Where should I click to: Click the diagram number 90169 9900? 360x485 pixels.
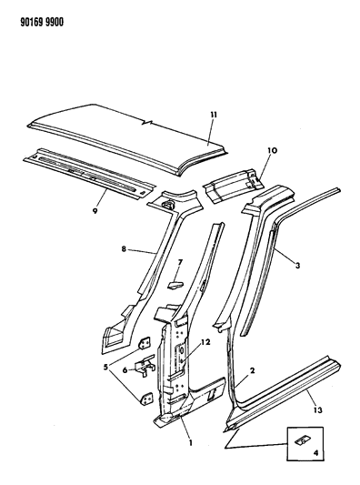point(42,23)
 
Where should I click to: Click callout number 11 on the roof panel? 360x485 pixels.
point(214,115)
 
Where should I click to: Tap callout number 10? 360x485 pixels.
point(273,151)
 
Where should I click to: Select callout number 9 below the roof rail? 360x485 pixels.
point(95,211)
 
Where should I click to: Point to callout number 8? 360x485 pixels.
point(124,248)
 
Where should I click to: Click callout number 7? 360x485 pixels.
point(180,263)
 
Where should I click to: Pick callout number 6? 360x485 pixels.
point(125,369)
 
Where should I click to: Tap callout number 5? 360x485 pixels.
point(106,368)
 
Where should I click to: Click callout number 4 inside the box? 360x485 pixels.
point(315,453)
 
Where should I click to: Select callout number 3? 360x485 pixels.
point(297,265)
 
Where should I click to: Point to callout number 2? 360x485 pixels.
point(252,370)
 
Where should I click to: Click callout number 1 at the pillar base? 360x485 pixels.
point(191,443)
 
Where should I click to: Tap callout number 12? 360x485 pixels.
point(205,342)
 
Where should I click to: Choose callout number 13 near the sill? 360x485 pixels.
point(318,410)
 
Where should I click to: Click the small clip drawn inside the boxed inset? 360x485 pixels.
point(302,440)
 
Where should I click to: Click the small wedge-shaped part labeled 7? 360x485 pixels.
point(175,284)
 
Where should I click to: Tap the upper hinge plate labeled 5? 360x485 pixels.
point(145,343)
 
